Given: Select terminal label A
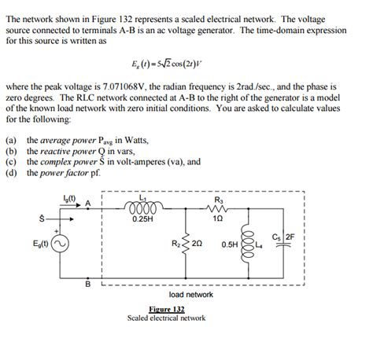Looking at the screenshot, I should point(88,203).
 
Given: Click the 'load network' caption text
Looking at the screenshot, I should point(191,294).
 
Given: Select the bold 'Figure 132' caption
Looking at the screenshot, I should point(166,310).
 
